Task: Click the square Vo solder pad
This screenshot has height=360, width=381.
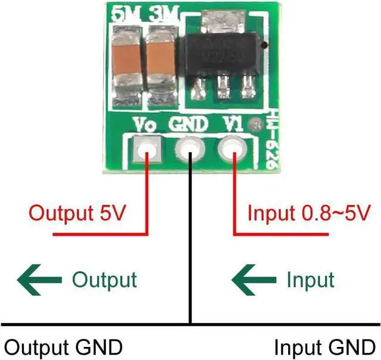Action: point(147,150)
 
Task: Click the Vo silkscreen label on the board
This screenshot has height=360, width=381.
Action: point(146,126)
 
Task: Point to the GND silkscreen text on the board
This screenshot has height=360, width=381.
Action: point(189,125)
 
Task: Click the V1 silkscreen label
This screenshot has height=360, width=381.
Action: point(232,124)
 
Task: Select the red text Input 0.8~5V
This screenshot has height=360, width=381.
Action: point(310,213)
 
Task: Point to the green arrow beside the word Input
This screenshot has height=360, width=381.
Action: point(255,279)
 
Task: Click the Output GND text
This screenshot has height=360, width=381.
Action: point(63,346)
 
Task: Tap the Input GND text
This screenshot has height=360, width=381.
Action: point(325,346)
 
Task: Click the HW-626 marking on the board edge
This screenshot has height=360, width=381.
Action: point(269,142)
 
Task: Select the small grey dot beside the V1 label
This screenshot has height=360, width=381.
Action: point(257,125)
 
